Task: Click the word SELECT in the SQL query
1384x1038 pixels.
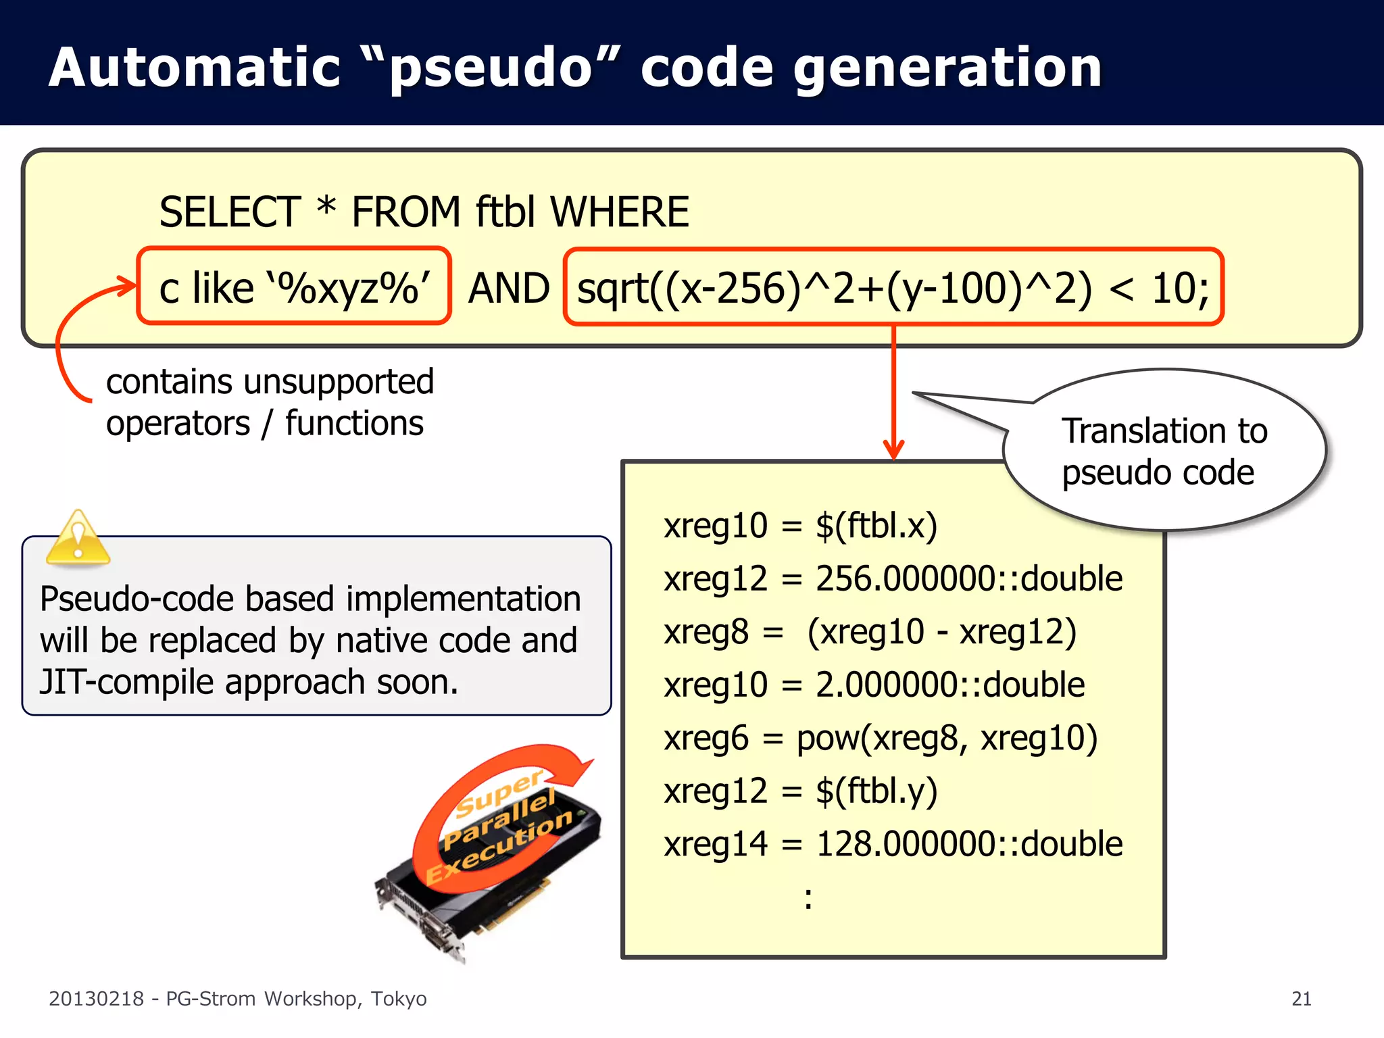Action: point(230,212)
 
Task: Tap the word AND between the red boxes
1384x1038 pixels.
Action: point(508,289)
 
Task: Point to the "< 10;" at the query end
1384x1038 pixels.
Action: point(1158,289)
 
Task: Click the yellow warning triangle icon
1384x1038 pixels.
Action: point(78,539)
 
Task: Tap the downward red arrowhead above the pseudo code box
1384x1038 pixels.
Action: point(893,449)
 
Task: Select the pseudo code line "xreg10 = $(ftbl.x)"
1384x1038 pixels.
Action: point(800,526)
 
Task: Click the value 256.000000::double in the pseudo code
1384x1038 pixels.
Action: point(968,579)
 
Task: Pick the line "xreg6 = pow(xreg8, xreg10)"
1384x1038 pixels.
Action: point(880,738)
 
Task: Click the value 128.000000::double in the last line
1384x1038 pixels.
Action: point(968,844)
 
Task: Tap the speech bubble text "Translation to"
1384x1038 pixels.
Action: point(1164,431)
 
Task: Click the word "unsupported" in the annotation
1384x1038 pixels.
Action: point(339,382)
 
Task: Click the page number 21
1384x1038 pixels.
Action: point(1301,999)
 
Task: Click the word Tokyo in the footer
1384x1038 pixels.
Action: point(398,999)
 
